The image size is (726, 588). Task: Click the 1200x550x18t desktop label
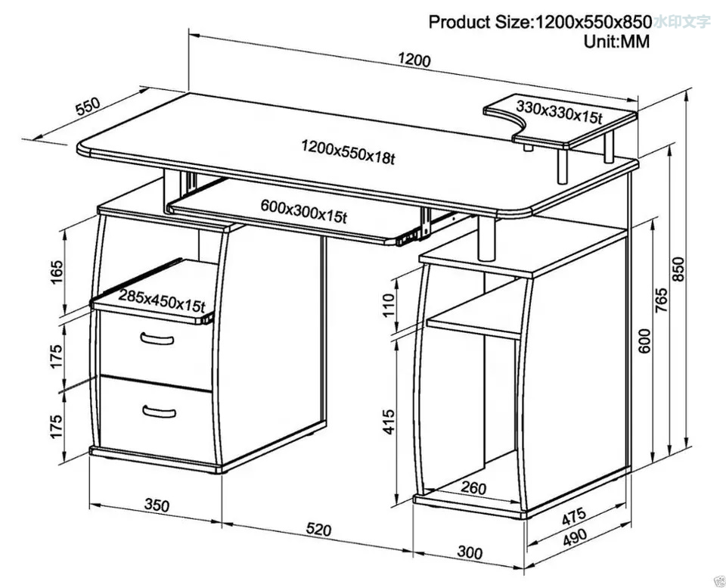coord(347,151)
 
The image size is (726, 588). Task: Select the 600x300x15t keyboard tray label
coord(303,210)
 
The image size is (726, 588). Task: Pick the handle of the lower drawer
coord(160,411)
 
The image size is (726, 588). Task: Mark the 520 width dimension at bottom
coord(319,530)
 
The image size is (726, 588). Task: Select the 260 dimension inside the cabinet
coord(473,488)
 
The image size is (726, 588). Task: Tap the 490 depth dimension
coord(574,537)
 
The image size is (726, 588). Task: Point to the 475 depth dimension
coord(575,517)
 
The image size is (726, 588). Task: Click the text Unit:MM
coord(616,42)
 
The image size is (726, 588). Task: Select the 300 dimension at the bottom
coord(470,553)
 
